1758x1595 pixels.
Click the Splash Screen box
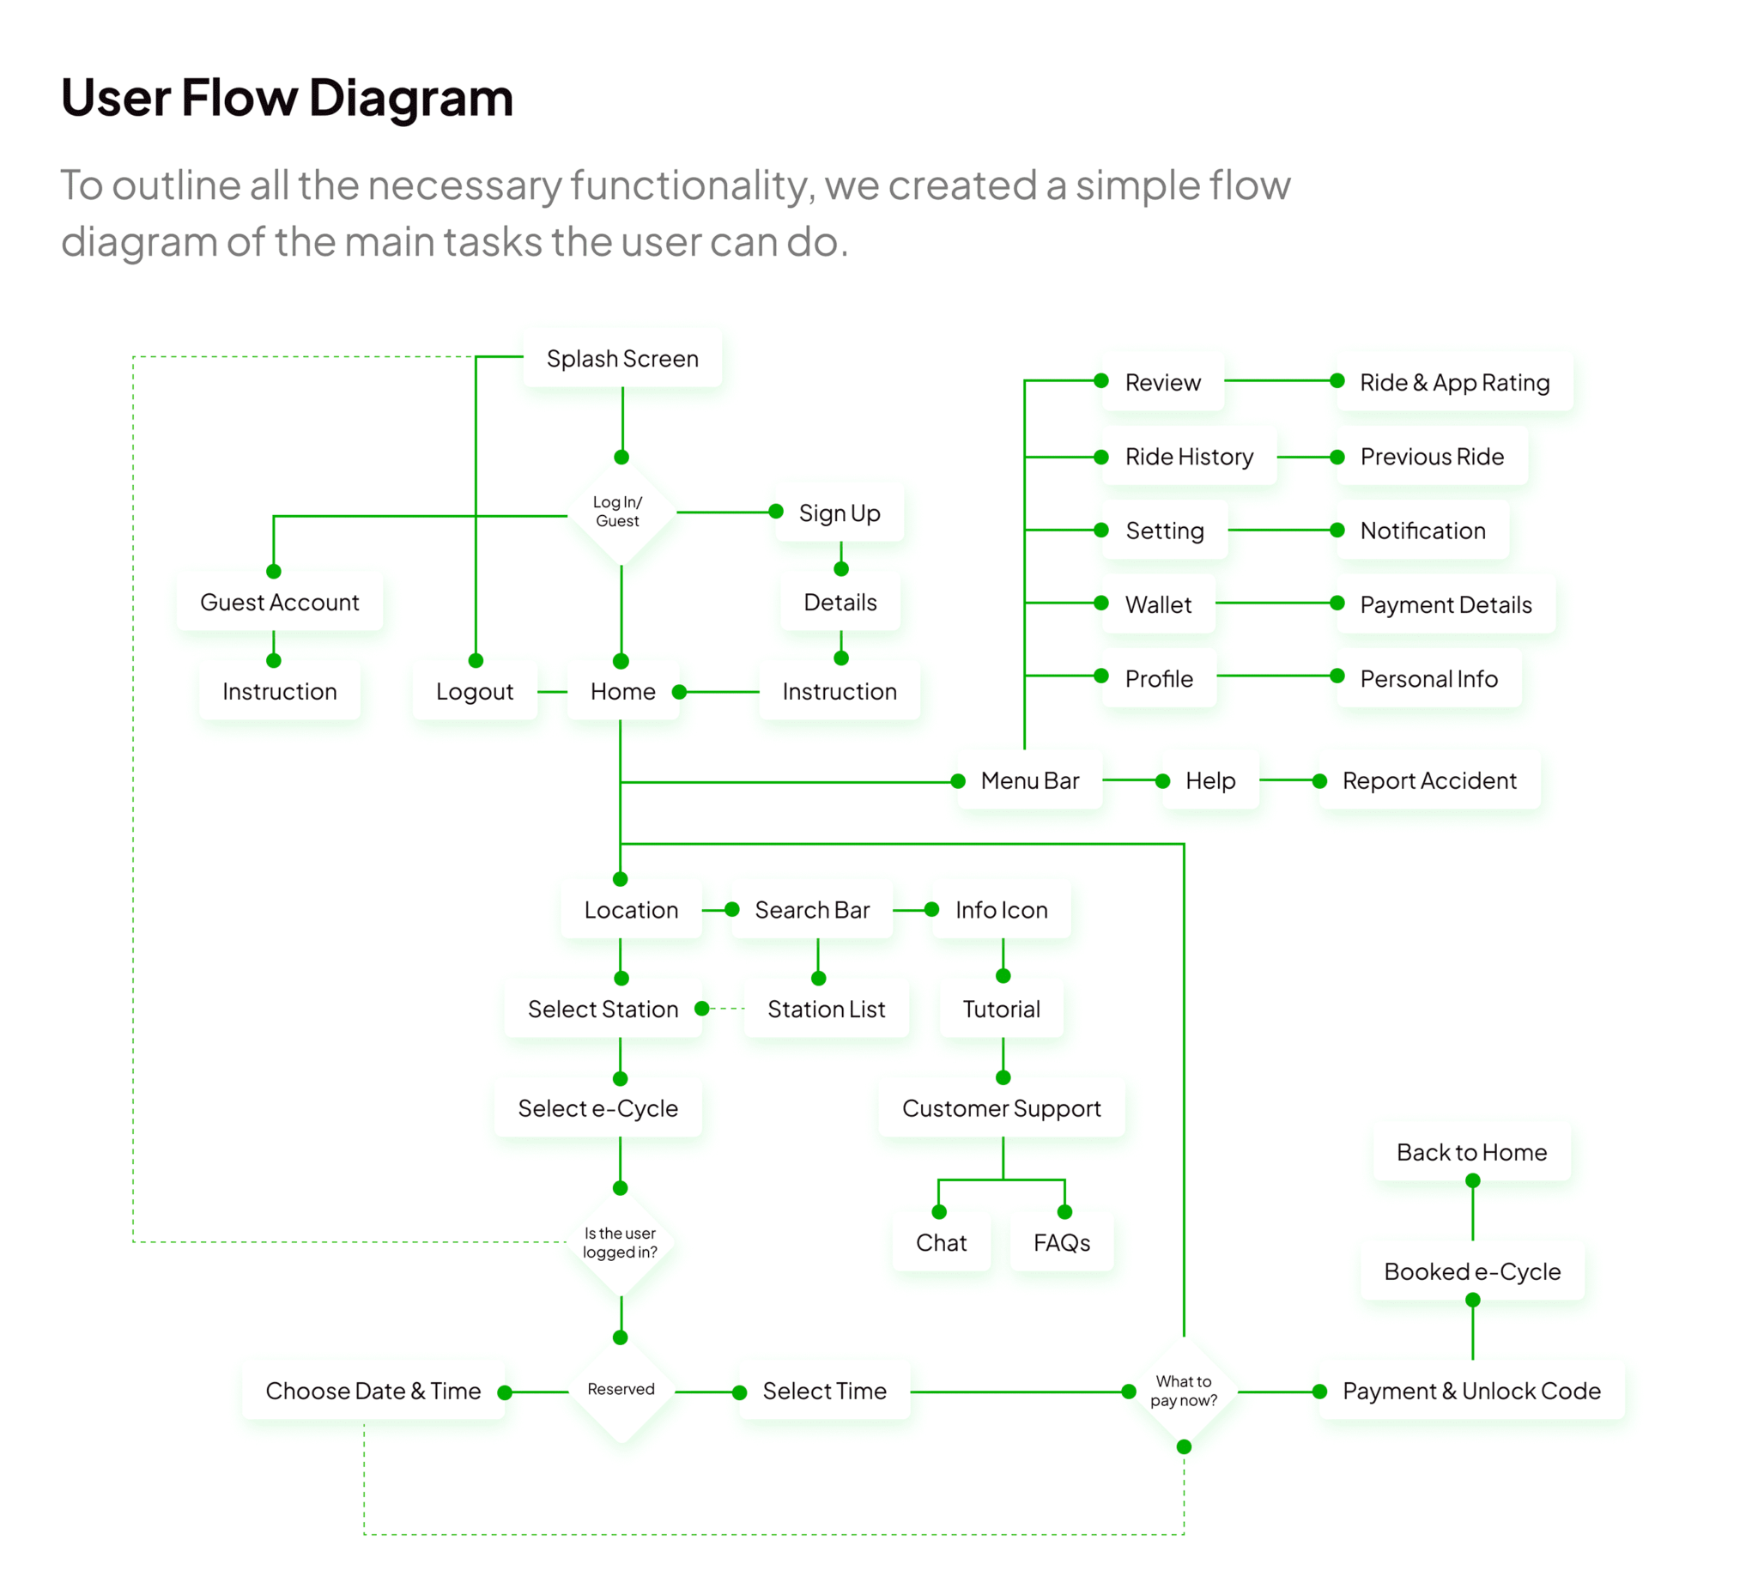click(x=621, y=359)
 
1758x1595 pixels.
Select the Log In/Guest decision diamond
click(x=618, y=512)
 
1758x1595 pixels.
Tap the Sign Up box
click(x=839, y=512)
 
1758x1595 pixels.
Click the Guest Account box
click(x=279, y=602)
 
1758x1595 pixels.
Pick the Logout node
click(x=475, y=692)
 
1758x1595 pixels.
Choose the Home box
click(x=622, y=692)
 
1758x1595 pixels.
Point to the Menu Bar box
click(x=1029, y=780)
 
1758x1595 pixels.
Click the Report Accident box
click(x=1428, y=780)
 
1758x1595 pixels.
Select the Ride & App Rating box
click(x=1453, y=382)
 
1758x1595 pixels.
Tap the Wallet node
click(x=1157, y=604)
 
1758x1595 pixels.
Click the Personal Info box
click(x=1428, y=678)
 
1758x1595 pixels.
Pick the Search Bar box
click(x=812, y=910)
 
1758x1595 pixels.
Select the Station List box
click(x=826, y=1009)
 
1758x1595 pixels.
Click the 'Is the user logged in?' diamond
click(x=620, y=1243)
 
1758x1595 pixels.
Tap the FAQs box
click(x=1061, y=1243)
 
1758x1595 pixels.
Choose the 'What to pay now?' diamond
click(x=1184, y=1391)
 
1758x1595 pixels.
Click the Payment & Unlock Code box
click(x=1471, y=1391)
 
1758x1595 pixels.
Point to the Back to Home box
click(x=1471, y=1152)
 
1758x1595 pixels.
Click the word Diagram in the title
click(x=410, y=97)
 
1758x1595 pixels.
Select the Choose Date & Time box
click(x=373, y=1391)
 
